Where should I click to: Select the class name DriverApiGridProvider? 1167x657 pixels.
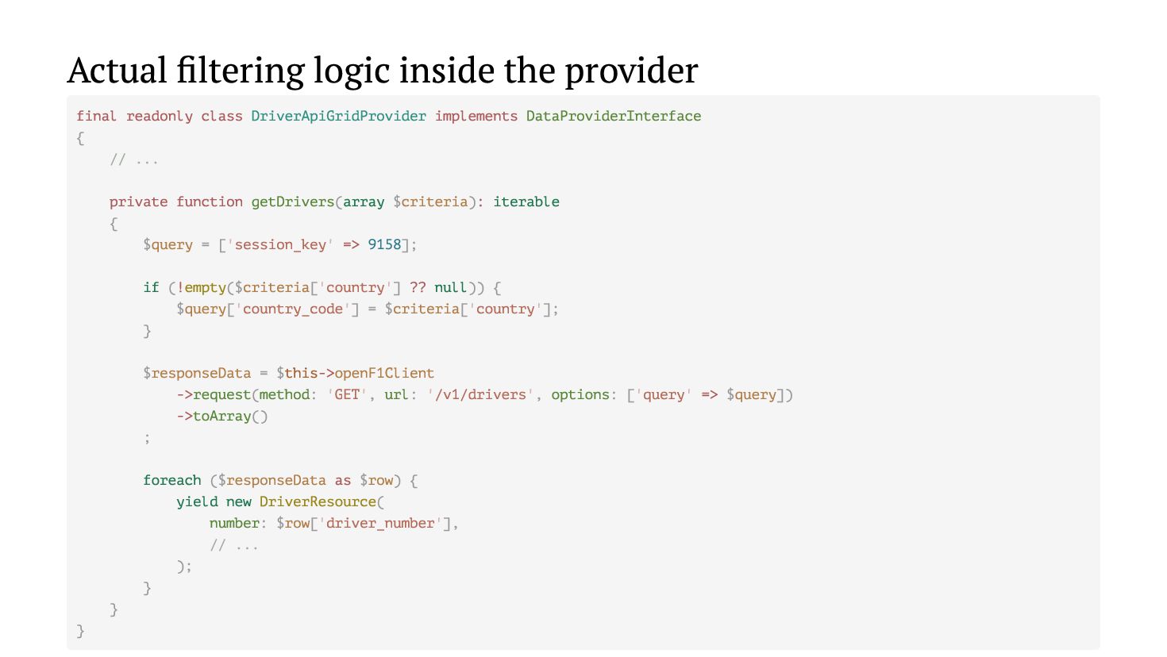(x=338, y=116)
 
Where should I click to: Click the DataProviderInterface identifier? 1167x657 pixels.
(x=613, y=116)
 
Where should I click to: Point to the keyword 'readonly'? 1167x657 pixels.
(x=159, y=116)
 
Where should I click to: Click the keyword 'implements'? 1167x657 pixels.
(x=476, y=116)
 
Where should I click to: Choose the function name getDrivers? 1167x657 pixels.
(x=293, y=202)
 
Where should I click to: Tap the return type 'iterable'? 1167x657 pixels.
(x=526, y=202)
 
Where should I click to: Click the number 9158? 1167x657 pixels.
(x=384, y=244)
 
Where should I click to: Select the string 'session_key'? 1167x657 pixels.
(x=280, y=244)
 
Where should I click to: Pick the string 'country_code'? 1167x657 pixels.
(x=292, y=309)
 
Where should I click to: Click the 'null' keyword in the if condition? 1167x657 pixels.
(x=450, y=287)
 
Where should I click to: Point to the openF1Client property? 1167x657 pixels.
(x=384, y=373)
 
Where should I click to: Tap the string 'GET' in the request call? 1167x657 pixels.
(x=346, y=394)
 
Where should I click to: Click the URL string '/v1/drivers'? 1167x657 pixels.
(x=480, y=394)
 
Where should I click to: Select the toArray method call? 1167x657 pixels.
(x=221, y=416)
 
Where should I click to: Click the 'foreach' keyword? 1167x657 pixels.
(x=171, y=480)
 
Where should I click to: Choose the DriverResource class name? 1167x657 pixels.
(x=318, y=501)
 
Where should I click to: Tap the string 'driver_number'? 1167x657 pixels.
(x=380, y=523)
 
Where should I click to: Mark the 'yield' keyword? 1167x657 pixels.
(x=197, y=501)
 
